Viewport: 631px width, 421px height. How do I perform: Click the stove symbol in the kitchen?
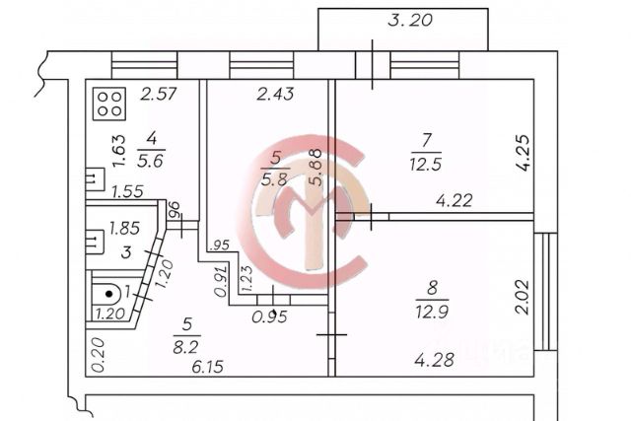point(109,104)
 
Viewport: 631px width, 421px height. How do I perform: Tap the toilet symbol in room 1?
point(106,294)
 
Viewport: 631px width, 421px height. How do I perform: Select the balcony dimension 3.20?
point(410,20)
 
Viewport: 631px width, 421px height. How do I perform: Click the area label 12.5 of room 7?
point(426,165)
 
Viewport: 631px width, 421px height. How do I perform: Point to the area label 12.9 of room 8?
point(432,312)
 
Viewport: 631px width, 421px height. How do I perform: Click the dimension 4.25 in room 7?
point(525,153)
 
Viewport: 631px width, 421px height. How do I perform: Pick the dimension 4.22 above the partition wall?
point(455,200)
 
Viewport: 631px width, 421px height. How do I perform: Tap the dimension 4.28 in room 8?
point(435,360)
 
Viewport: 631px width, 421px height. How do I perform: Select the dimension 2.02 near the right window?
point(523,297)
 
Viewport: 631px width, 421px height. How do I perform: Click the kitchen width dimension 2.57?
point(159,94)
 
